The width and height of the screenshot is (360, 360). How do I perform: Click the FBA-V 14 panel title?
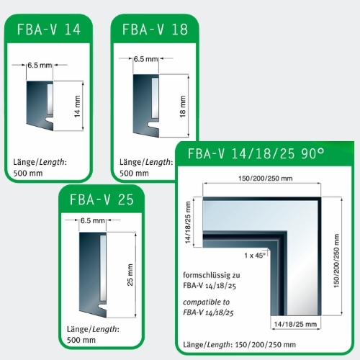click(x=49, y=30)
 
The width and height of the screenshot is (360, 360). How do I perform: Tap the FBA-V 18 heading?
click(x=155, y=30)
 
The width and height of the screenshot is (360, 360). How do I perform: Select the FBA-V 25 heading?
click(x=102, y=199)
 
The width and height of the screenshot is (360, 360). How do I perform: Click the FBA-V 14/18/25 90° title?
click(x=256, y=153)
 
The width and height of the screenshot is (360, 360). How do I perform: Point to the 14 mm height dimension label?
click(x=77, y=107)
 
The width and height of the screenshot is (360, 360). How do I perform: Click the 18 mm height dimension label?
click(x=183, y=107)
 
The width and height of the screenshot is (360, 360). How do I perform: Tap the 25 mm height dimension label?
click(x=130, y=275)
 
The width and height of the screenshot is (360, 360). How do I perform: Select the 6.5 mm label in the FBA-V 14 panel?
click(x=40, y=65)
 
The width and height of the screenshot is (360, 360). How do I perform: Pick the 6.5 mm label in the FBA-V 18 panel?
click(x=145, y=59)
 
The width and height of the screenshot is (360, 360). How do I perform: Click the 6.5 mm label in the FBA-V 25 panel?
click(x=93, y=220)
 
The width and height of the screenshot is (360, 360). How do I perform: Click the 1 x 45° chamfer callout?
click(x=255, y=256)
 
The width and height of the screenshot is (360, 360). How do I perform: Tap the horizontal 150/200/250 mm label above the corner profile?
click(x=266, y=179)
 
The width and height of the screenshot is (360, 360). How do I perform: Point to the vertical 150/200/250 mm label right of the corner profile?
click(x=336, y=261)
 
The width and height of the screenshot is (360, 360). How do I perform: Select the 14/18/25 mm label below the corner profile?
click(x=295, y=324)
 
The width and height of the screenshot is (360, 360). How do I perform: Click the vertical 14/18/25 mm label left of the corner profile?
click(x=188, y=222)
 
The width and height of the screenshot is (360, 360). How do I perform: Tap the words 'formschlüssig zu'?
click(x=212, y=275)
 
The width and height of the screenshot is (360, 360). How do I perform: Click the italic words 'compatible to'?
click(x=206, y=302)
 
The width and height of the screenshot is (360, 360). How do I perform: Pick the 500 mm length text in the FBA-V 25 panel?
click(x=81, y=340)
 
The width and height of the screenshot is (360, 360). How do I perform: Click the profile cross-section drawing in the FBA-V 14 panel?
click(x=40, y=106)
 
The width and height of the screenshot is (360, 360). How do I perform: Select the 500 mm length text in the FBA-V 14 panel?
click(x=28, y=173)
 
